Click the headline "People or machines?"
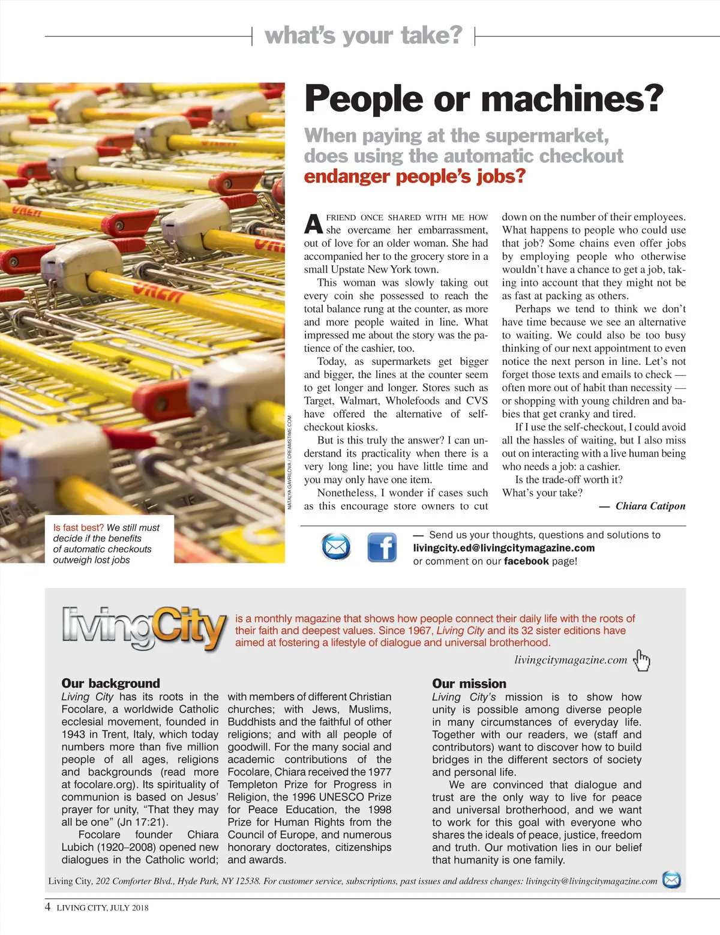[484, 99]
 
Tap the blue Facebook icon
[382, 547]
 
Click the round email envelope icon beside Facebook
[336, 547]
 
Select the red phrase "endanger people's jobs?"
[415, 176]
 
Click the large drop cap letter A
[313, 224]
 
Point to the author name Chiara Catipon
[650, 506]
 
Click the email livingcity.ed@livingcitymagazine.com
[504, 548]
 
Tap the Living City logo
[144, 628]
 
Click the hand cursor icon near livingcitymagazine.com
[642, 660]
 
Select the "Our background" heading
[110, 684]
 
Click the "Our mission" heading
[469, 684]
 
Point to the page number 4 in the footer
[48, 907]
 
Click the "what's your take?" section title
[364, 35]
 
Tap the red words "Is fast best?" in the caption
[79, 528]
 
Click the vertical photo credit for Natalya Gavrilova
[289, 463]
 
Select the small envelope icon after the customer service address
[671, 880]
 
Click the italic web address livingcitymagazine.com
[571, 660]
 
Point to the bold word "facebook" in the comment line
[526, 561]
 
